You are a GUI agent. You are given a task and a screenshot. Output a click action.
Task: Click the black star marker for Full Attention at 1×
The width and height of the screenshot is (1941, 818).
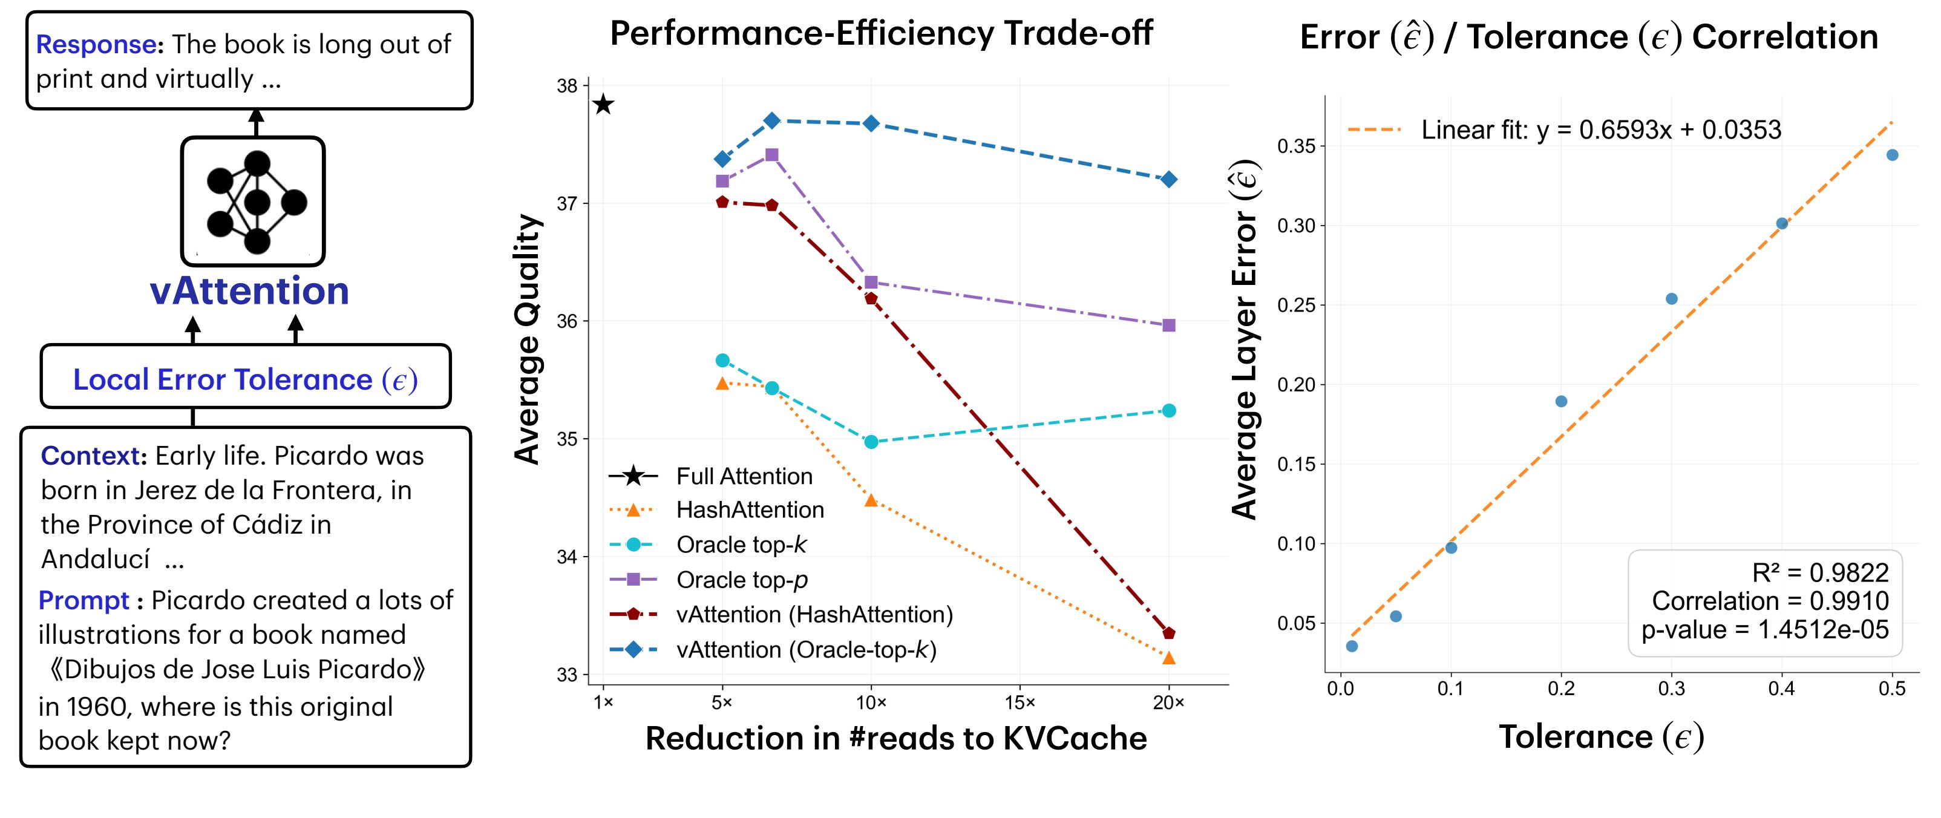[x=603, y=105]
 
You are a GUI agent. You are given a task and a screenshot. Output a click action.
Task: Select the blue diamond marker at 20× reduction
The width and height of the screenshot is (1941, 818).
[x=1169, y=179]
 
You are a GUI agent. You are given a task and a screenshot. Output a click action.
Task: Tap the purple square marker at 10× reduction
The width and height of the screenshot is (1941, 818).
[x=871, y=283]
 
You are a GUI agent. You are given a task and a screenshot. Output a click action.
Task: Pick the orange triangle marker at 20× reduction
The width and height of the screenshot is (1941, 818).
[x=1169, y=658]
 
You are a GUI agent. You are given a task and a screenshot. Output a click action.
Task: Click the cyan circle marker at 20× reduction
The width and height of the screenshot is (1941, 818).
[x=1169, y=410]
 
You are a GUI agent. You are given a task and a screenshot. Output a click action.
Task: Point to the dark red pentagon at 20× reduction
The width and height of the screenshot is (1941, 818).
[x=1169, y=633]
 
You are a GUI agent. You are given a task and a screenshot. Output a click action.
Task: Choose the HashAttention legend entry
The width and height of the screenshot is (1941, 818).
[x=750, y=510]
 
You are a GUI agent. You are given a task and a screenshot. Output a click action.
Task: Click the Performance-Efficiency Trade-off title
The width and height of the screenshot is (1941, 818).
[x=881, y=34]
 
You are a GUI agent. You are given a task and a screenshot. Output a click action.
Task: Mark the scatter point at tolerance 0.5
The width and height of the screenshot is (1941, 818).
[x=1892, y=155]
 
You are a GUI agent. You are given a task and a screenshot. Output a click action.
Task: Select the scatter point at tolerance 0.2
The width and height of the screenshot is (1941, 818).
[x=1561, y=402]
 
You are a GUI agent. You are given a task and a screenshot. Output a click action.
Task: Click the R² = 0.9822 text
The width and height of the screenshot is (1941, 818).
[x=1820, y=573]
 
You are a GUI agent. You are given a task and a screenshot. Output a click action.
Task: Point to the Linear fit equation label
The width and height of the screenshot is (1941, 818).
[x=1600, y=130]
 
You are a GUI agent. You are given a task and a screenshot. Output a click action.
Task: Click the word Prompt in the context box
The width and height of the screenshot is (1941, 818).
[x=83, y=600]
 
